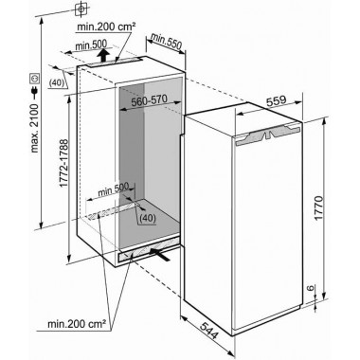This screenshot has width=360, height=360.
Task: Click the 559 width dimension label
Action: [x=276, y=100]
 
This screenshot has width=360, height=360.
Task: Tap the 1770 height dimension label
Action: [x=319, y=207]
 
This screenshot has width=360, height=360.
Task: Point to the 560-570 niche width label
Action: [x=149, y=100]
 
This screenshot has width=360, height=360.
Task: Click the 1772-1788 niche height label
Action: [x=63, y=164]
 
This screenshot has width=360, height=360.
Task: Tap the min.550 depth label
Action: [x=166, y=42]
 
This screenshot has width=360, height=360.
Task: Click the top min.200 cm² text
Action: [x=106, y=27]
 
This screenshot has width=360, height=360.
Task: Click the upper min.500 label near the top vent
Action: [x=91, y=45]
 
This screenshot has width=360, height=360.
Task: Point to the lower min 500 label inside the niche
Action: [x=114, y=190]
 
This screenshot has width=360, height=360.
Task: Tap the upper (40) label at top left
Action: [x=57, y=82]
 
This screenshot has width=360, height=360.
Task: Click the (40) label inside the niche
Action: [x=148, y=218]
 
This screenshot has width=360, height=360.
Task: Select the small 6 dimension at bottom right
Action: [x=311, y=288]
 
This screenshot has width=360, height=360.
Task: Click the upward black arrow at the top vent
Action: [x=102, y=56]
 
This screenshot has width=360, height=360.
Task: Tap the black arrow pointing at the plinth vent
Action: [x=160, y=255]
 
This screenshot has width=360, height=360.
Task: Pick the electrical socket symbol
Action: [x=34, y=79]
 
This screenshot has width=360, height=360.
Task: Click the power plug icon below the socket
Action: [x=34, y=92]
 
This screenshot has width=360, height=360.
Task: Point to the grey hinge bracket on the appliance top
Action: [x=267, y=134]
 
